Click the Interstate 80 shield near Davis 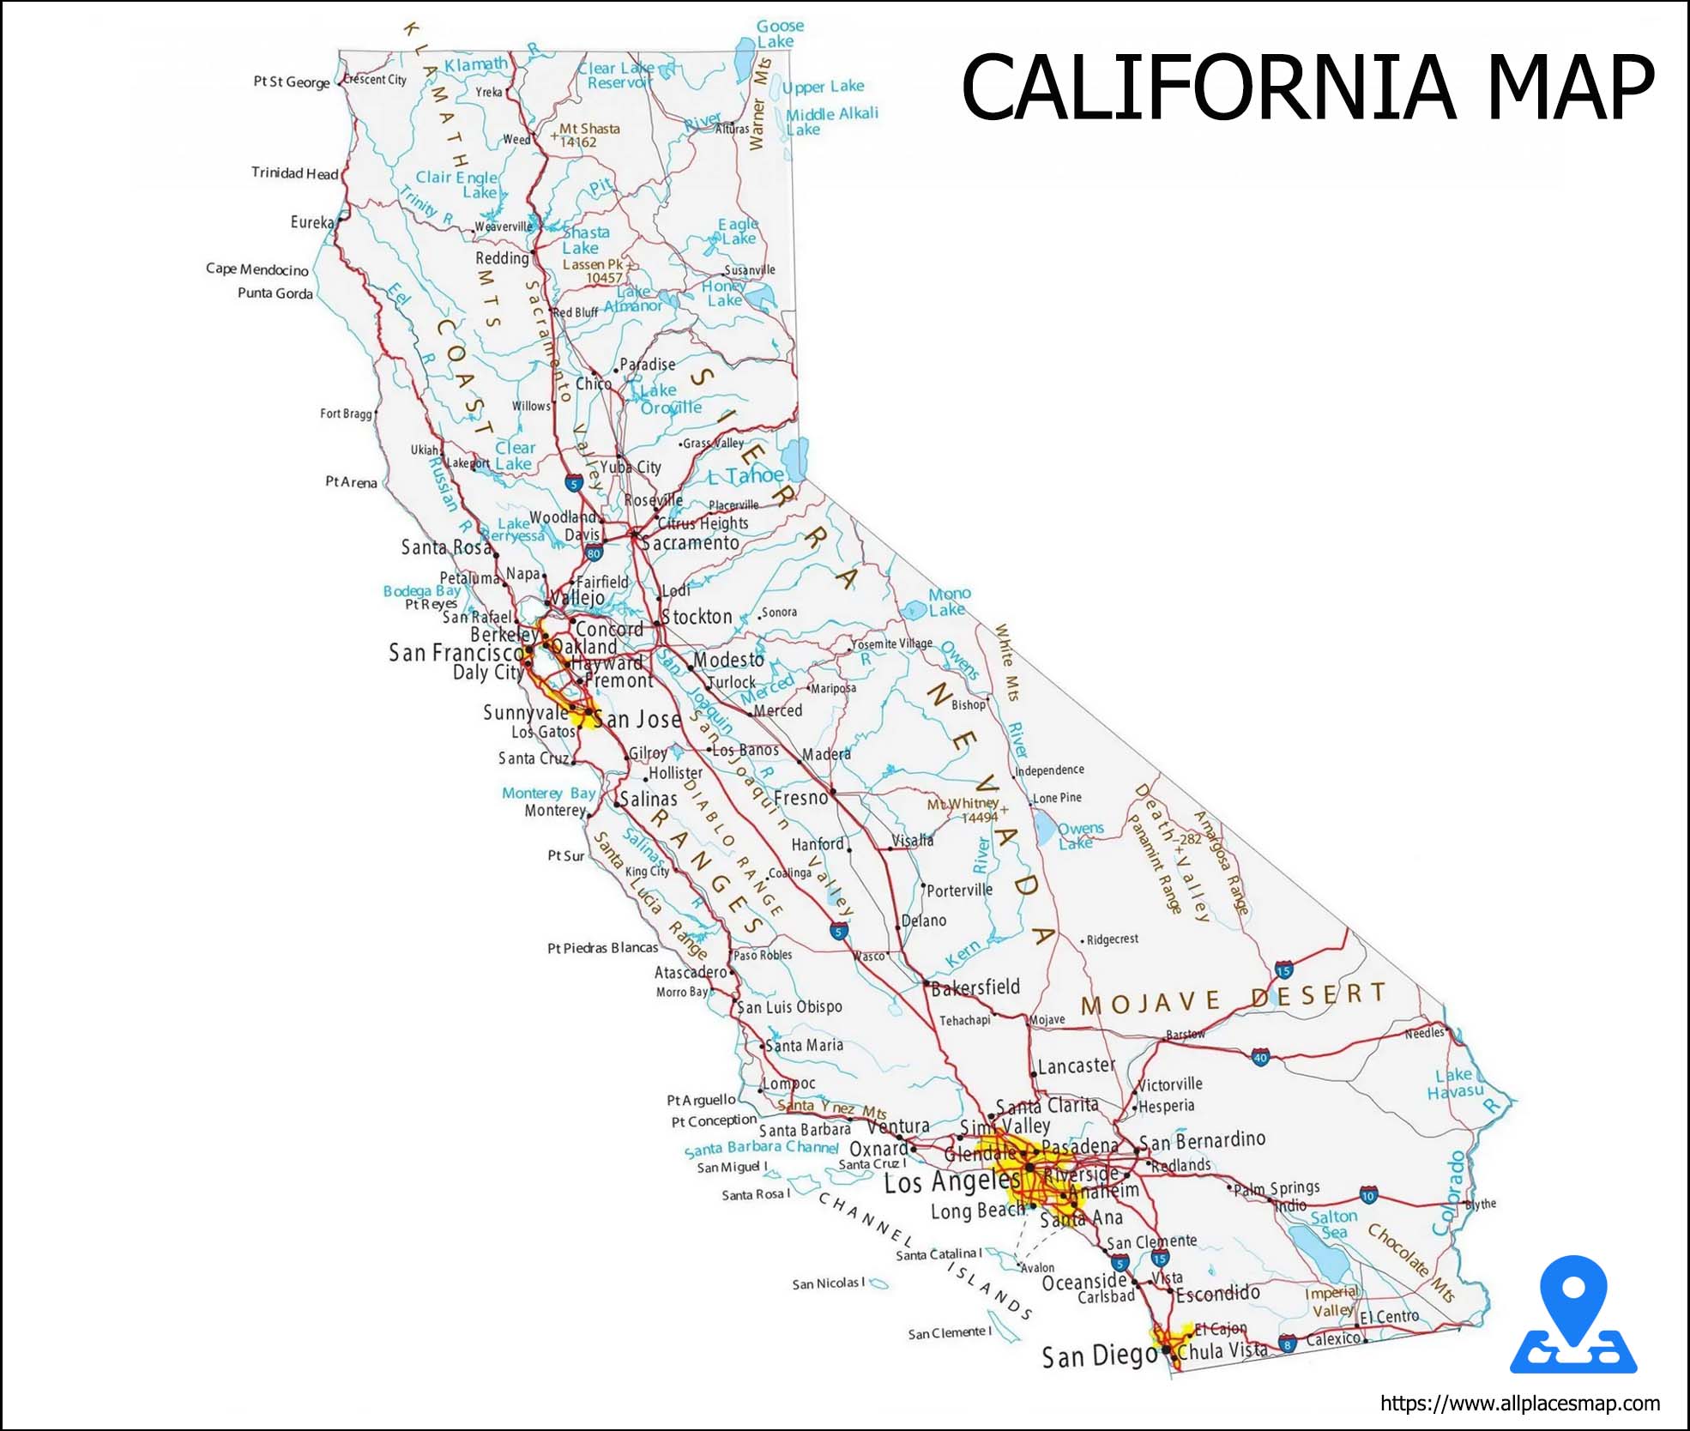(594, 553)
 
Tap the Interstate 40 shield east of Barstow (1260, 1057)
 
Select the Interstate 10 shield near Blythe (1368, 1195)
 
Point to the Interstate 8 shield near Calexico (1287, 1343)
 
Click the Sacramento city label (691, 543)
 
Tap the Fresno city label (800, 798)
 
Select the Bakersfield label (975, 987)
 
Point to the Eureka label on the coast (311, 222)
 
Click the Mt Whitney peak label (963, 804)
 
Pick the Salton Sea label (1334, 1224)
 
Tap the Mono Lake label (949, 601)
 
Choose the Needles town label (1424, 1033)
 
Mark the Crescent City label (375, 80)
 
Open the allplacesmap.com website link (1519, 1404)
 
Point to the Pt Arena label (351, 482)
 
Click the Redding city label (502, 257)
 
